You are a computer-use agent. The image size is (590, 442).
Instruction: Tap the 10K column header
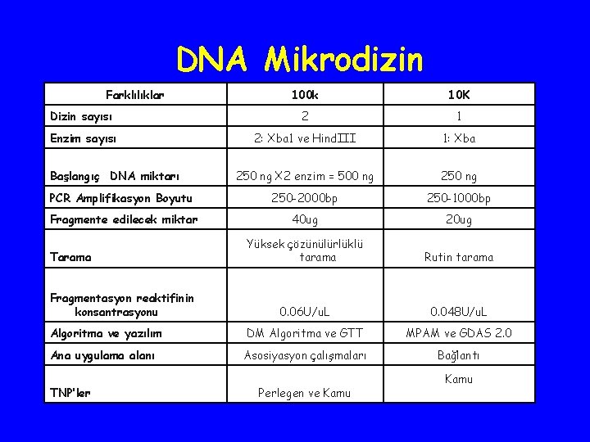[458, 96]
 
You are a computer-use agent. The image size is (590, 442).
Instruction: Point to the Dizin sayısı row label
[83, 117]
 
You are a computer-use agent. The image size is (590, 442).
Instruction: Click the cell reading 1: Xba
[458, 138]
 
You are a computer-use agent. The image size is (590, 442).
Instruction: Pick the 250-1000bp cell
[458, 198]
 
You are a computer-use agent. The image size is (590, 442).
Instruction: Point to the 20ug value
[458, 219]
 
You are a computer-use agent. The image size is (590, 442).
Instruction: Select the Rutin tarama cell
[458, 257]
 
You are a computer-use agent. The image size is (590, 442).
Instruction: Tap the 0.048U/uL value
[458, 312]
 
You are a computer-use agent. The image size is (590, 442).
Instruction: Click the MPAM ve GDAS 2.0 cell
[458, 333]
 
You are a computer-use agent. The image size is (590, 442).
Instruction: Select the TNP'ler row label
[70, 393]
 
